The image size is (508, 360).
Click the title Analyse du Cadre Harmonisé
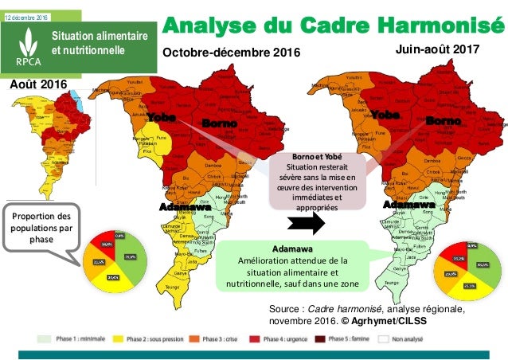333,23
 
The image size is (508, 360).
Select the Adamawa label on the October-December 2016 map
179,207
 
